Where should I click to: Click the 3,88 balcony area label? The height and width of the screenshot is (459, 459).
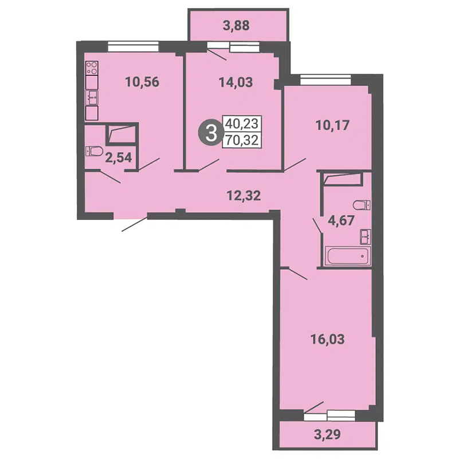[236, 25]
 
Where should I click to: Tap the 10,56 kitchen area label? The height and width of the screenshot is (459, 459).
[142, 82]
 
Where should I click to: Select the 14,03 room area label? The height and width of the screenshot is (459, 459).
[236, 83]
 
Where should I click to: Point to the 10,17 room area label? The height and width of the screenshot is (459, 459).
[332, 126]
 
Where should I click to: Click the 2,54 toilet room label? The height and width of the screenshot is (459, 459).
[118, 158]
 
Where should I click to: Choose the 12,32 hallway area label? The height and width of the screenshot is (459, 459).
[244, 196]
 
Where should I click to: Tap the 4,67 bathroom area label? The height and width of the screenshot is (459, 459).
[341, 220]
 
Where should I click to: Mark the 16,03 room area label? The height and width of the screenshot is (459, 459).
[327, 340]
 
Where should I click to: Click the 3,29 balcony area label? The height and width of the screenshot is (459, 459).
[327, 434]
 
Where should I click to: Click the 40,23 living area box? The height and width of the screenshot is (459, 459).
[242, 124]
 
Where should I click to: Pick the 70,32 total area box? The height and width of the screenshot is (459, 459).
[242, 140]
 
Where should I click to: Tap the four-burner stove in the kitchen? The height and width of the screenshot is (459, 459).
[92, 68]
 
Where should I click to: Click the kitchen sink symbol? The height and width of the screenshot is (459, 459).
[92, 98]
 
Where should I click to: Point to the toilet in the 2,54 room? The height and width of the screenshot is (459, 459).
[94, 151]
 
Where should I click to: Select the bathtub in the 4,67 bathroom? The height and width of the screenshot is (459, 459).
[348, 256]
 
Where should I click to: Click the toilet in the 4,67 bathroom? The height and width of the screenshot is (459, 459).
[362, 205]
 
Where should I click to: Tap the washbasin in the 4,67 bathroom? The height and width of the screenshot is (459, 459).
[366, 236]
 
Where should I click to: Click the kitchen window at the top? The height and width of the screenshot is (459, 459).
[133, 46]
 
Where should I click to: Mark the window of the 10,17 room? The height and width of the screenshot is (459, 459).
[325, 79]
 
